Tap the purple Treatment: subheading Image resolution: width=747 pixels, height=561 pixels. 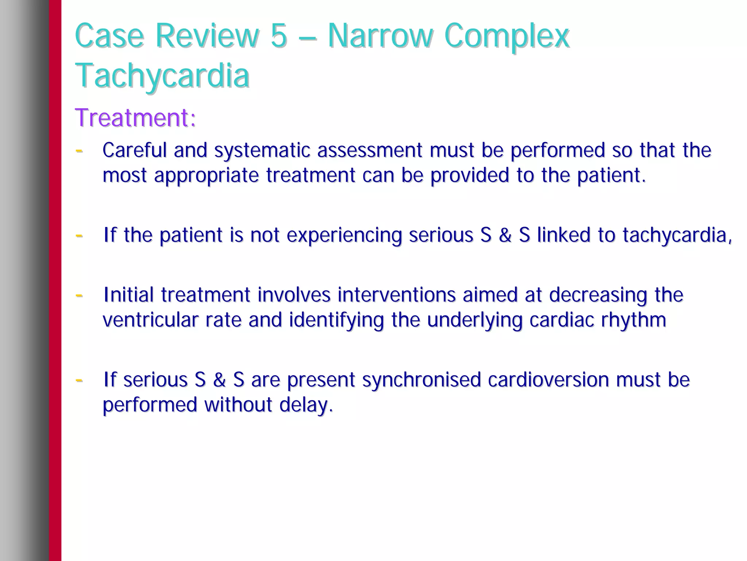point(135,118)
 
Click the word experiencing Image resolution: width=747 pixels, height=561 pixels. point(344,235)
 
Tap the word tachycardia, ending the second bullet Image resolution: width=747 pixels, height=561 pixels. point(677,235)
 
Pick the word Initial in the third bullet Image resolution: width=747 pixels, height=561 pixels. point(128,295)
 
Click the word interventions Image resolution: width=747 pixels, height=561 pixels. point(396,295)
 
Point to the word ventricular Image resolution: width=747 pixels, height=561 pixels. point(150,320)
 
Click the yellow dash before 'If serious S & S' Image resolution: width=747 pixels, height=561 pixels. point(79,380)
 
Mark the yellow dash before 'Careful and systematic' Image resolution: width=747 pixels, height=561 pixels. point(79,150)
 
